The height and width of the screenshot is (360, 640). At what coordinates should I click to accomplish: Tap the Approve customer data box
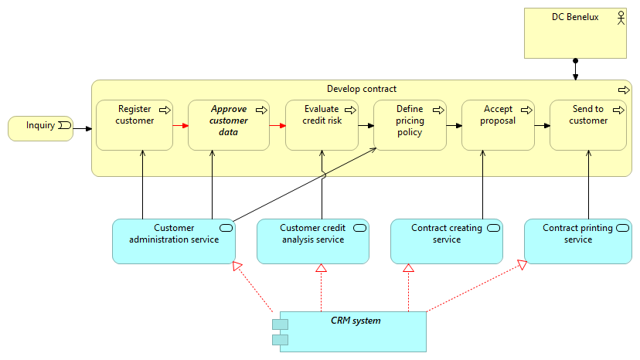click(x=229, y=125)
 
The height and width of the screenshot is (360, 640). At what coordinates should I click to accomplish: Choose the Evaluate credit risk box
click(x=322, y=125)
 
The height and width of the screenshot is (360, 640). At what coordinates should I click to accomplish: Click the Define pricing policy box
click(x=410, y=125)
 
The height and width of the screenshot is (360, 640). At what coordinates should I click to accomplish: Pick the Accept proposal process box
click(x=498, y=125)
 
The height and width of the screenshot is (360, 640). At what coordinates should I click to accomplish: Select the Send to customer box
click(x=588, y=125)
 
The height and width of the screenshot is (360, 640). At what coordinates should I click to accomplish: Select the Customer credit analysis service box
click(x=312, y=241)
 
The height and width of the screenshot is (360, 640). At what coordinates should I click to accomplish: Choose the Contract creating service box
click(x=446, y=241)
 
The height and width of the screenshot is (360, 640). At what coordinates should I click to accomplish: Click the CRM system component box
click(x=353, y=331)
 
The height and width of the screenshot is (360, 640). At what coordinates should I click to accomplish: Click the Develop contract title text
click(x=362, y=89)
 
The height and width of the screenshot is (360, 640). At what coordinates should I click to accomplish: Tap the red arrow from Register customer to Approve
click(x=181, y=125)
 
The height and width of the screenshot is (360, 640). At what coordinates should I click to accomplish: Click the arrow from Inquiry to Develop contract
click(x=82, y=128)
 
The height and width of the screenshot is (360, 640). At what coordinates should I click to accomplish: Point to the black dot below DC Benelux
click(x=575, y=61)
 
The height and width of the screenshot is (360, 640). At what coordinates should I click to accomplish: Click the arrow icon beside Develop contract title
click(x=624, y=90)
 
